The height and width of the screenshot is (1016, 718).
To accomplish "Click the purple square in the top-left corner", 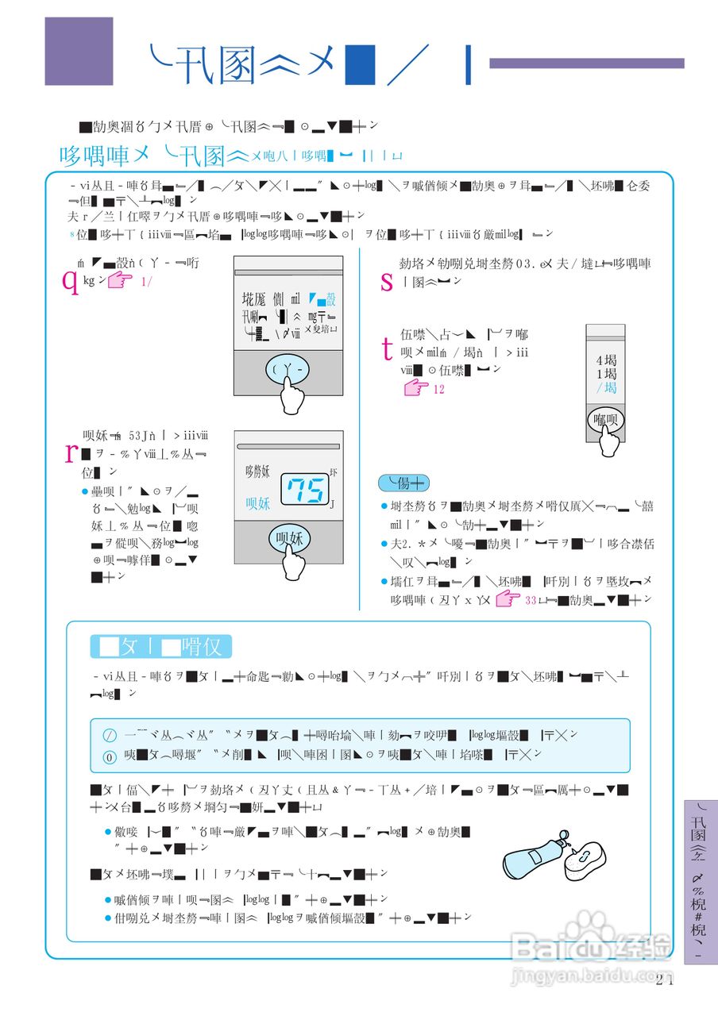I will coord(79,51).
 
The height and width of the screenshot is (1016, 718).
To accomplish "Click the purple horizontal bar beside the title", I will coord(586,63).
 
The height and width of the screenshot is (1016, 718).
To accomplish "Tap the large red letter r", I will coord(69,452).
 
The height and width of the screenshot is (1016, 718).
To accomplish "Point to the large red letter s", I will coord(387,280).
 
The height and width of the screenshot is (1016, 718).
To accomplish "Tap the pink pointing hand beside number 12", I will coord(416,389).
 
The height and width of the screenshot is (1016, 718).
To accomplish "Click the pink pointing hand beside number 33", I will coord(508,599).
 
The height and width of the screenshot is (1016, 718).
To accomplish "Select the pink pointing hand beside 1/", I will coord(120,280).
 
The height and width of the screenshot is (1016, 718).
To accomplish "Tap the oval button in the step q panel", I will coord(288,369).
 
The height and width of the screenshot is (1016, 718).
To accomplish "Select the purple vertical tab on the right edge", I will coord(700,881).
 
